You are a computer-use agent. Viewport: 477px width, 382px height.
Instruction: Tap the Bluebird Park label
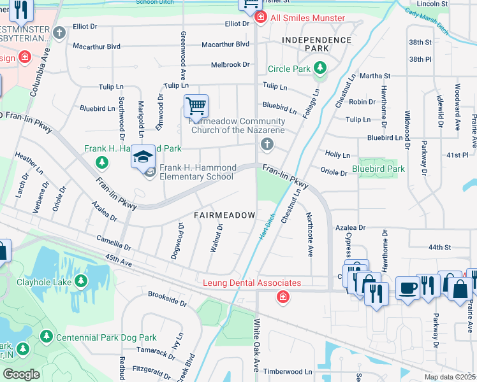pyautogui.click(x=378, y=169)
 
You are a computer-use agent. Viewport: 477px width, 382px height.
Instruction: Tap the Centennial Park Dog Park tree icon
pyautogui.click(x=45, y=336)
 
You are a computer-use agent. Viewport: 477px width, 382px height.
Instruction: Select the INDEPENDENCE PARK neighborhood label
pyautogui.click(x=317, y=45)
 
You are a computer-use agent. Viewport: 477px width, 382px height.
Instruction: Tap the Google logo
pyautogui.click(x=21, y=374)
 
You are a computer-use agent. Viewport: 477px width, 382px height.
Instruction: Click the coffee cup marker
pyautogui.click(x=407, y=286)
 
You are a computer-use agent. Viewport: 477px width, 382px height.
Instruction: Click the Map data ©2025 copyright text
pyautogui.click(x=449, y=377)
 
